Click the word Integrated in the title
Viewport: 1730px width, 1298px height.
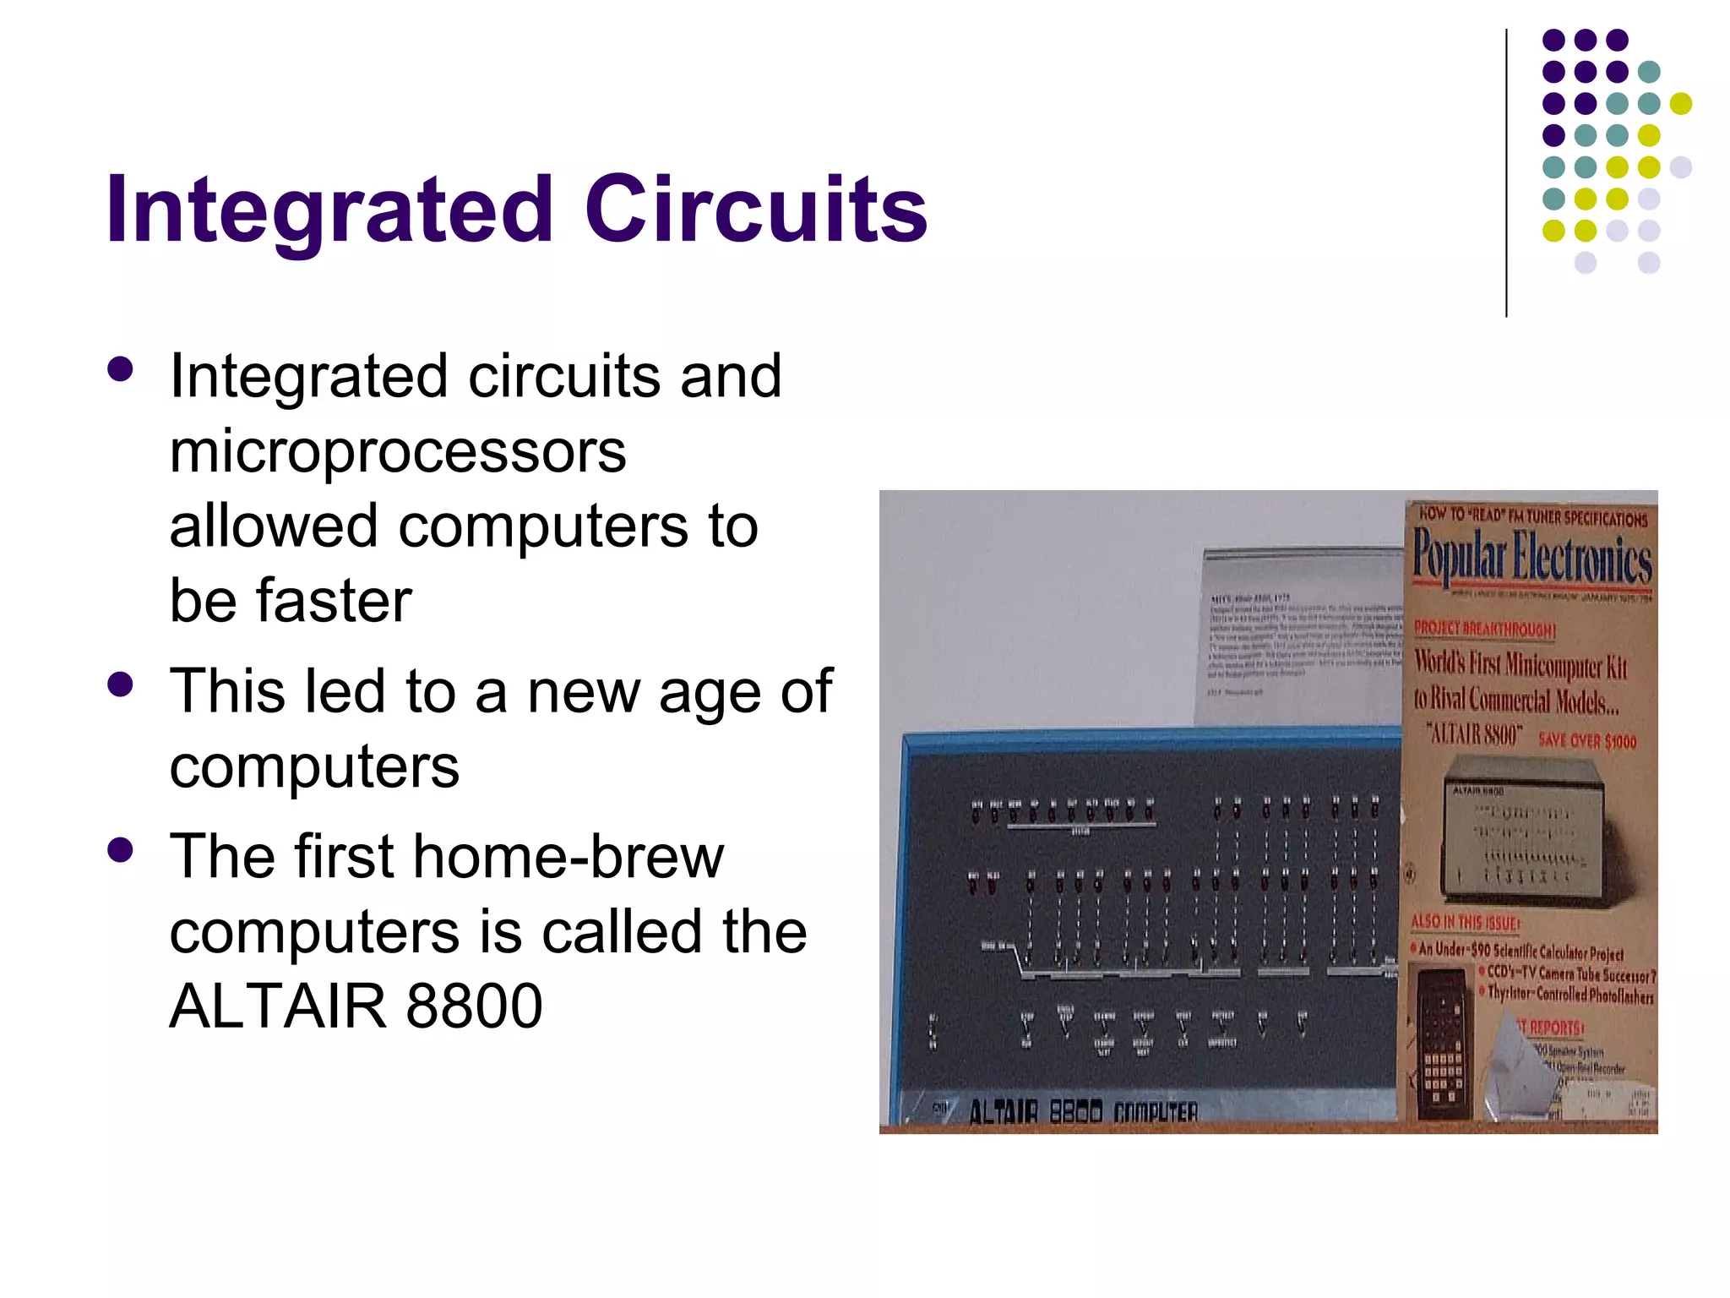(329, 210)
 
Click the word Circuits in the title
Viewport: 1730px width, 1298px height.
(756, 210)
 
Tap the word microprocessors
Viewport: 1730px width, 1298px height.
(398, 452)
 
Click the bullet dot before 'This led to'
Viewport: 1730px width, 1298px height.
(121, 684)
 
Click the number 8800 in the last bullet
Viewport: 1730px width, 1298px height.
(473, 1006)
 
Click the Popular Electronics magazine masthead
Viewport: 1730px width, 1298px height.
(1531, 558)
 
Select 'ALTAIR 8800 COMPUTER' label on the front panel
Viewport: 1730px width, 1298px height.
(1083, 1111)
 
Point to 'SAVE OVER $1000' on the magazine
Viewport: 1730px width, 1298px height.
(1586, 741)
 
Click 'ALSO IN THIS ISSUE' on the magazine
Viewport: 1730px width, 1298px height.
(1466, 922)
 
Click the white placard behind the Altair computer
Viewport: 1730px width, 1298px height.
(1301, 634)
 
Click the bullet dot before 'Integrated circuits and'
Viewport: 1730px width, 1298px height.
(121, 369)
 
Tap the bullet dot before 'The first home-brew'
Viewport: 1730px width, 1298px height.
(121, 849)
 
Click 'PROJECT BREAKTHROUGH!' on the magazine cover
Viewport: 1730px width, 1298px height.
(1483, 630)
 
